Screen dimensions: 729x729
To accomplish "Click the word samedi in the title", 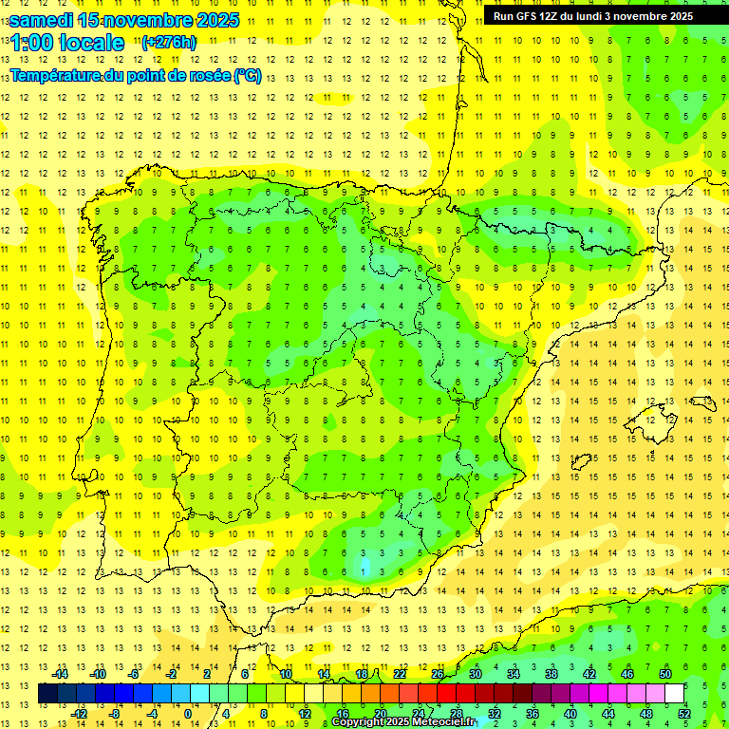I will coord(42,20).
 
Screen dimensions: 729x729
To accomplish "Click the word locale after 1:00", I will coord(91,43).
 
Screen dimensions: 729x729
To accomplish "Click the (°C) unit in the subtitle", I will coord(247,75).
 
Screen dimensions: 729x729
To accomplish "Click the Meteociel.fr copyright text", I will coord(403,722).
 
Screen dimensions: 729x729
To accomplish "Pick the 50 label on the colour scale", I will coord(665,674).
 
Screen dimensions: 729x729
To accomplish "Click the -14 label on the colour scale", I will coord(61,674).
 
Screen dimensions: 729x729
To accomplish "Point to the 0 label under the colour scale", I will coord(187,714).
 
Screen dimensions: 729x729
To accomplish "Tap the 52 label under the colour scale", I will coord(684,714).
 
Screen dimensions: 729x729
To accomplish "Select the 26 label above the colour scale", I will coord(438,674).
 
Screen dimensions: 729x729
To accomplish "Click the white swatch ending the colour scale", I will coord(675,694).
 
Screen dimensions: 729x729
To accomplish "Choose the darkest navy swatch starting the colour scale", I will coord(47,694).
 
